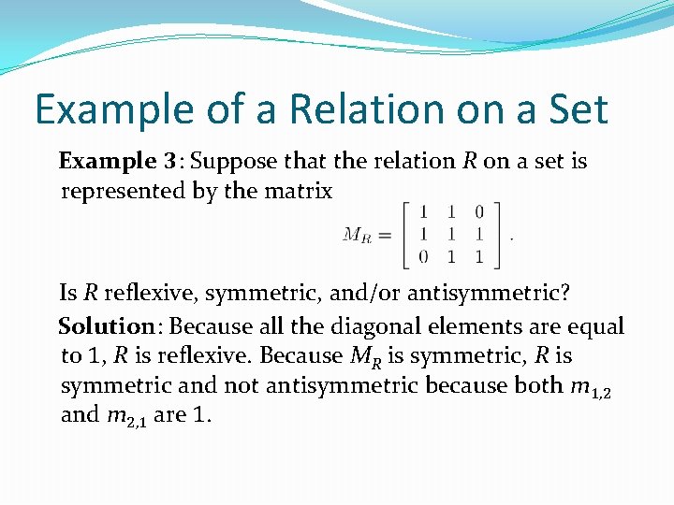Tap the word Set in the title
click(x=570, y=108)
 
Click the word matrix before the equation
click(x=300, y=191)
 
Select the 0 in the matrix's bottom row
click(x=424, y=256)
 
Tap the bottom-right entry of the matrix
click(x=479, y=256)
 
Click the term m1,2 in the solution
click(x=590, y=385)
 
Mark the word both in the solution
click(x=536, y=384)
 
